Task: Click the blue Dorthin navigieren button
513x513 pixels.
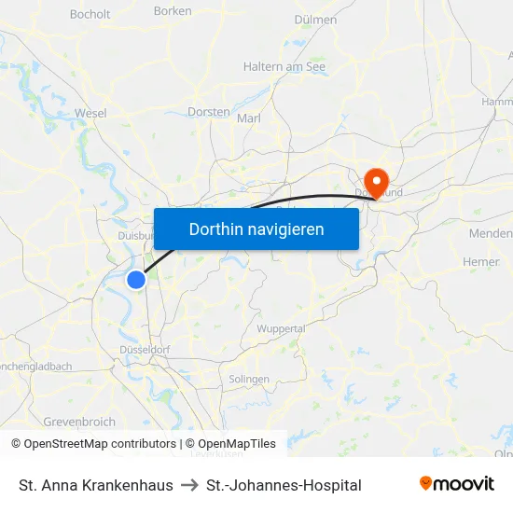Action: point(256,229)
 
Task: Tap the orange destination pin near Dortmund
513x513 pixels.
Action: point(376,180)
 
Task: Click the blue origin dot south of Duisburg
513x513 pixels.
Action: point(136,279)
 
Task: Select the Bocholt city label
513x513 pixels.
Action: point(90,14)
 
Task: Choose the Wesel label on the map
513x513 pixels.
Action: point(90,113)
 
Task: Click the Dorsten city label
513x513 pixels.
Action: point(208,112)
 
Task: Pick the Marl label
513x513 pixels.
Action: point(249,118)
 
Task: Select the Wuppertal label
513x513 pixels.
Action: point(281,328)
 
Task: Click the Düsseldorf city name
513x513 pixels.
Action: point(145,349)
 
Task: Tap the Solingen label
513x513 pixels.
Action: point(249,380)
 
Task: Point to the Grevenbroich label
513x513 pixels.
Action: point(79,422)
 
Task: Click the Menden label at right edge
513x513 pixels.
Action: point(492,233)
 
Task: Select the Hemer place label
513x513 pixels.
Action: point(481,262)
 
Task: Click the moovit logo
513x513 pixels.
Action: point(457,484)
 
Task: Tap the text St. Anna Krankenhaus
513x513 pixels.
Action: point(96,485)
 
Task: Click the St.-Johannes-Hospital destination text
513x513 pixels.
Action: point(284,485)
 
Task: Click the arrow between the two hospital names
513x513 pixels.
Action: point(189,485)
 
